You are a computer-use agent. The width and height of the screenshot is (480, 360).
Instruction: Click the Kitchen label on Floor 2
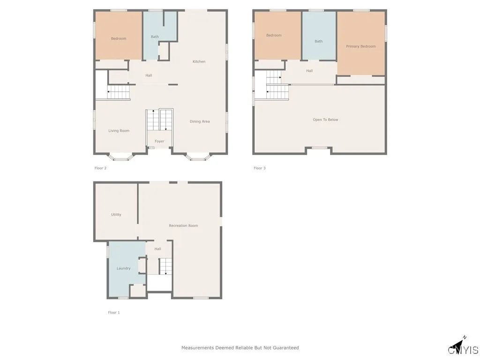pos(199,61)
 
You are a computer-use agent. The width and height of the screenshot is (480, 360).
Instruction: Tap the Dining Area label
pos(200,121)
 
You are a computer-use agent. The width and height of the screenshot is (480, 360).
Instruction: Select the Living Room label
pos(119,131)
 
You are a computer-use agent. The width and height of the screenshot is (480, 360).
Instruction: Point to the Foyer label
pos(159,141)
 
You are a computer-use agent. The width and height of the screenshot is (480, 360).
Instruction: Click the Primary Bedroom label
pos(361,46)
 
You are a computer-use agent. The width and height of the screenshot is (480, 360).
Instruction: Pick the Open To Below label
pos(325,120)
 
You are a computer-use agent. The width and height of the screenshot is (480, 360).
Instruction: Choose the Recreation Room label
pos(183,225)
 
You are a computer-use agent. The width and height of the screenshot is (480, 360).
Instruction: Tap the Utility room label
pos(116,215)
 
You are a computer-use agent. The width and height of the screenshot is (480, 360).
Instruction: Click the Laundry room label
pos(123,268)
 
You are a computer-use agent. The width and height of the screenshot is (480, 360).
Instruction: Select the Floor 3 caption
pos(260,168)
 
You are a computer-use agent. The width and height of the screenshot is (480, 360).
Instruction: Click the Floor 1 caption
pos(114,313)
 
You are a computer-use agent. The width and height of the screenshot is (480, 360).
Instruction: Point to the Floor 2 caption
pos(100,168)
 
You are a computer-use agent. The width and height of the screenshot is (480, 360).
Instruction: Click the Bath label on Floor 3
pos(319,41)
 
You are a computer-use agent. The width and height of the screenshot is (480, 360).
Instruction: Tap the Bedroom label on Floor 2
pos(119,38)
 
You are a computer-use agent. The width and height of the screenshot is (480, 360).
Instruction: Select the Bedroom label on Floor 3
pos(274,35)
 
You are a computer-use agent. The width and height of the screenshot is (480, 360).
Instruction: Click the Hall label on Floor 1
pos(157,249)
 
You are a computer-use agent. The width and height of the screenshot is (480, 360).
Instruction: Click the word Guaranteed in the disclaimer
pos(284,348)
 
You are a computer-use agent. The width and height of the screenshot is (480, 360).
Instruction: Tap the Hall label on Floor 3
pos(309,71)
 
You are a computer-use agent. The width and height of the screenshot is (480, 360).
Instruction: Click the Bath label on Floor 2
pos(155,37)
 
